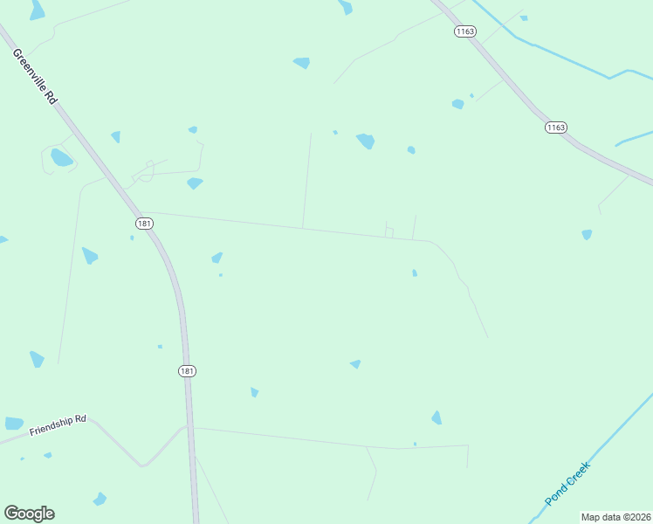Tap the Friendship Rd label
click(58, 425)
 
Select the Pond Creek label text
click(568, 483)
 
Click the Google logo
click(29, 514)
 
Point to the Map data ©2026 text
click(616, 517)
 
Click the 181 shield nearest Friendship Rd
click(187, 371)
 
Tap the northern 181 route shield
click(144, 224)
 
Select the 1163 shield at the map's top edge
click(464, 31)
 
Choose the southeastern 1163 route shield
click(556, 128)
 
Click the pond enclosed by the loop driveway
click(61, 158)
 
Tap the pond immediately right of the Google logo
click(100, 499)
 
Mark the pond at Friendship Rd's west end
click(14, 424)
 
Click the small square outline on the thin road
click(389, 232)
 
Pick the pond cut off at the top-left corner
click(37, 10)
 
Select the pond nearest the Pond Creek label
click(436, 417)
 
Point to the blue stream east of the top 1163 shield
click(559, 57)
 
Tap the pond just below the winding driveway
click(195, 183)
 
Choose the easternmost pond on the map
click(587, 234)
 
